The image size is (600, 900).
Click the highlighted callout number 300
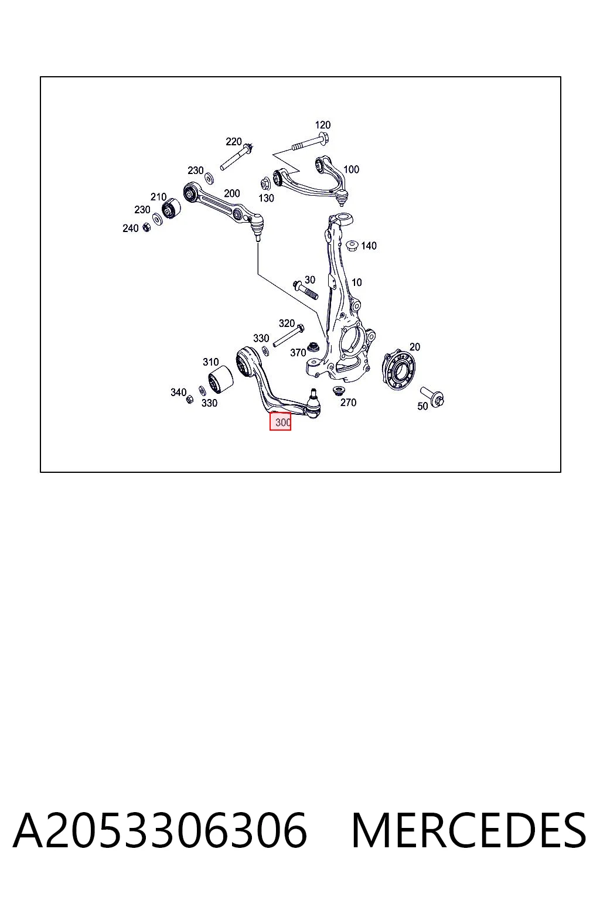click(282, 422)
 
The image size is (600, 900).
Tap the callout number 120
click(322, 125)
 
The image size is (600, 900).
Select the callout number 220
click(233, 141)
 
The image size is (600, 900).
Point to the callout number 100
click(351, 169)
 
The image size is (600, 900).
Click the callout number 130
click(266, 198)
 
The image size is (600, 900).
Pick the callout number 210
click(158, 197)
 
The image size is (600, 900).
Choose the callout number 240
click(130, 228)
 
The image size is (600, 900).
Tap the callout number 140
click(369, 246)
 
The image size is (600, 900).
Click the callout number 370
click(298, 352)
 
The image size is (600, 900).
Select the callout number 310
click(210, 362)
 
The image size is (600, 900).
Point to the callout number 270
click(348, 402)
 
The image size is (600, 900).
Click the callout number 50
click(422, 406)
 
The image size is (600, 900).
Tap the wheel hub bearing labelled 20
click(398, 371)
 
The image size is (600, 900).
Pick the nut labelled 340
click(190, 399)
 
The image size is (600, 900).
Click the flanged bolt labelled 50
click(432, 397)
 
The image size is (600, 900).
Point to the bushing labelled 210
click(171, 208)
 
